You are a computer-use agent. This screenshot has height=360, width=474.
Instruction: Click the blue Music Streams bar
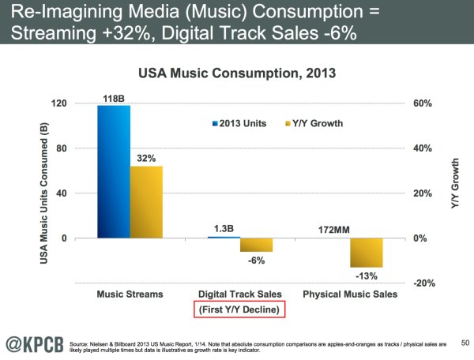pos(113,171)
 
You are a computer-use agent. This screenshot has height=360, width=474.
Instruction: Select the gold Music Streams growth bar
pos(146,202)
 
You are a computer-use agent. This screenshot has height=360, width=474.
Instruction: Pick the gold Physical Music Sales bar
pos(367,253)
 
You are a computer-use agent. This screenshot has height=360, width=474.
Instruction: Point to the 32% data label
pos(146,159)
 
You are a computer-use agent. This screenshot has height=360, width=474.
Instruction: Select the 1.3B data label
pos(224,231)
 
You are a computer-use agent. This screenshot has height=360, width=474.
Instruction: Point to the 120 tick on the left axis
pos(81,104)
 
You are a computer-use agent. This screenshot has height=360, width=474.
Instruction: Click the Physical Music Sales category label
pos(350,294)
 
